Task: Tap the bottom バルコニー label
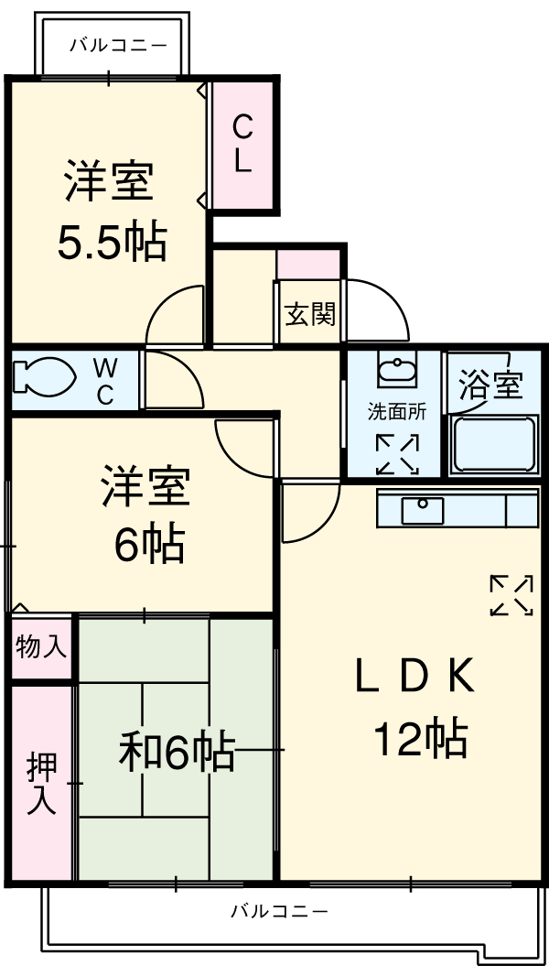(278, 911)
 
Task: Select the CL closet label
(242, 143)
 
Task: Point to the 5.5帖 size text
(113, 242)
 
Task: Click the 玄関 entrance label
(309, 314)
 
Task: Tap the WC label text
(105, 382)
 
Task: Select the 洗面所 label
(397, 412)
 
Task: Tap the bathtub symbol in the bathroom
(494, 445)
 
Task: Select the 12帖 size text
(420, 737)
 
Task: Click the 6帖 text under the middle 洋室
(149, 546)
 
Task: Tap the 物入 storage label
(41, 647)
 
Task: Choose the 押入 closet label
(41, 783)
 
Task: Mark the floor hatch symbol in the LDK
(511, 595)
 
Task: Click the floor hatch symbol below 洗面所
(397, 454)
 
